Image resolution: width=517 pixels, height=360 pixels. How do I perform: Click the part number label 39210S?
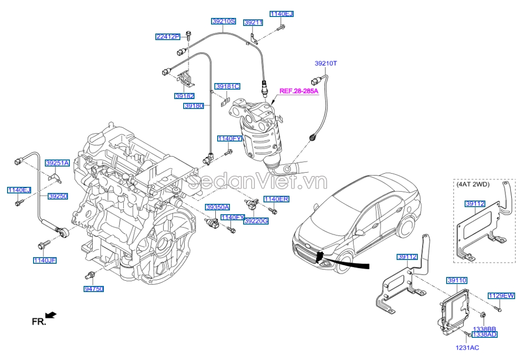coord(223,21)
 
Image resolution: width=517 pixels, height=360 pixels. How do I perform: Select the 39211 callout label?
coord(253,22)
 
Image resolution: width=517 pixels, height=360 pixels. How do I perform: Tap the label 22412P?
coord(168,37)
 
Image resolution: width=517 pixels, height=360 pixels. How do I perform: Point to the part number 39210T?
coord(326,63)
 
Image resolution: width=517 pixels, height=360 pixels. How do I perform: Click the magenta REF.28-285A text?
coord(299,91)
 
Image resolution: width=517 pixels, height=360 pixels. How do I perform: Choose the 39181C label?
coord(227,86)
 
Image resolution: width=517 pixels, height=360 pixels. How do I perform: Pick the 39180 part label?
coord(194,106)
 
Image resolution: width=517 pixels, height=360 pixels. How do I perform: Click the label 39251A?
coord(57,163)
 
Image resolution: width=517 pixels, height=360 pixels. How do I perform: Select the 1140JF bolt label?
coord(44,260)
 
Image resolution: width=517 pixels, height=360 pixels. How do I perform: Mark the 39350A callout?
coord(217,207)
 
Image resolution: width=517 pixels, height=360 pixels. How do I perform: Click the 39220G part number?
coord(255,221)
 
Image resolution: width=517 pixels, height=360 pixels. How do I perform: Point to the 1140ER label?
coord(276,199)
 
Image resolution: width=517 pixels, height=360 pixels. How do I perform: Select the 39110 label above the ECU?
coord(457,280)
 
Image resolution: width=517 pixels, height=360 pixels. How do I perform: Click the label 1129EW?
coord(501,295)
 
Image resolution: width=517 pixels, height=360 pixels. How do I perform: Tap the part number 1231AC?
coord(467,348)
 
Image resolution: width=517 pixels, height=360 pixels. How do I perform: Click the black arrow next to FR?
coord(51,315)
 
